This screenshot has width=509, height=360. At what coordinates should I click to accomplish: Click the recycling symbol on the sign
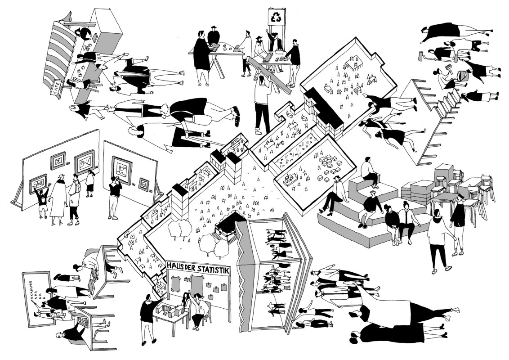click(275, 18)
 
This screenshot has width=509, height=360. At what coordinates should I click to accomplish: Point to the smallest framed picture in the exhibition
click(143, 184)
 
